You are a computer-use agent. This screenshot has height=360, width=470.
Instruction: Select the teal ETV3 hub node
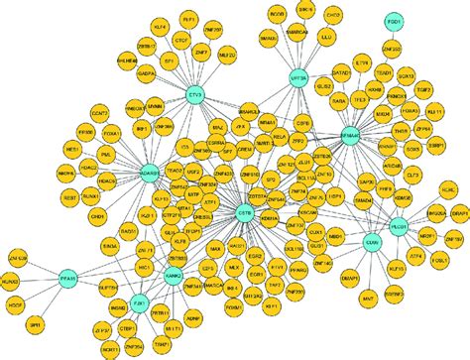(195, 96)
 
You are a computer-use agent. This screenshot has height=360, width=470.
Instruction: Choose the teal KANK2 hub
(174, 279)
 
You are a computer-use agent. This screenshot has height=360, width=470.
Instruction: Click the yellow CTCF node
(181, 40)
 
